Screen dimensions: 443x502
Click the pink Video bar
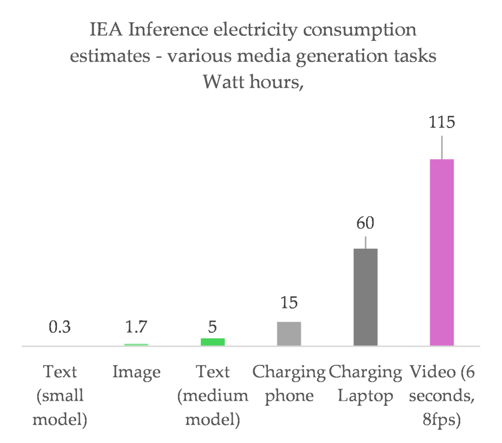442,252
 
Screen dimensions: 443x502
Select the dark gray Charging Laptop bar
365,297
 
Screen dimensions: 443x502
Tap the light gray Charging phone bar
289,334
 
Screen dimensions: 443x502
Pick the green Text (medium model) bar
212,342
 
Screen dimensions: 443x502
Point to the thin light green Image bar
136,344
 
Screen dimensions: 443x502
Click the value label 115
442,122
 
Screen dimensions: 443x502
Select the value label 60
365,223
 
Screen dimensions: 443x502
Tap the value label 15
289,303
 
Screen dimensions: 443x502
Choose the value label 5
212,327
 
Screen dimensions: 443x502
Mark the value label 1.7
136,327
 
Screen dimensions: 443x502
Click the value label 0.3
60,327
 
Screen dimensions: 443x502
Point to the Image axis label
136,372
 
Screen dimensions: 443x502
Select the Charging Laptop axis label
366,384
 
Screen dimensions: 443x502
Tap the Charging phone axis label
289,384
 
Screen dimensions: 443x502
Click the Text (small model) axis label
60,396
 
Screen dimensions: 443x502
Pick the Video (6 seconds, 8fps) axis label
442,396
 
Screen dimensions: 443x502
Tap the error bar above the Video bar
442,147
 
